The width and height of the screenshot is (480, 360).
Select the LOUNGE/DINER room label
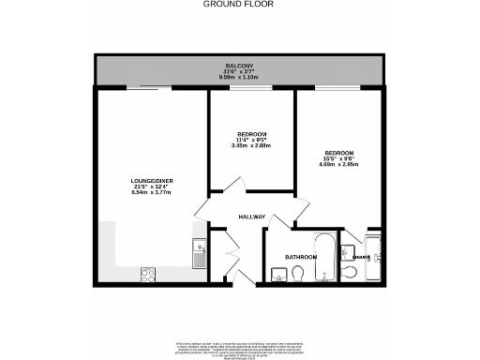click(151, 179)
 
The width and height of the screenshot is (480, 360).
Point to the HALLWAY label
click(252, 217)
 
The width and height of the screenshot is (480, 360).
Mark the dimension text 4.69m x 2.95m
click(340, 165)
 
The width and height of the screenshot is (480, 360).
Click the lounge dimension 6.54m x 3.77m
click(151, 191)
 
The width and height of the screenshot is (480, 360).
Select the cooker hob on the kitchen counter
click(149, 275)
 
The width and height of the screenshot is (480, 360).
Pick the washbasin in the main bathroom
click(278, 274)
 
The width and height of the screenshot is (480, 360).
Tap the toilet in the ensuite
click(349, 271)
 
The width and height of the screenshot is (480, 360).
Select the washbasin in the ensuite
click(347, 251)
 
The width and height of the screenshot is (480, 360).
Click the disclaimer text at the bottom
click(239, 348)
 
